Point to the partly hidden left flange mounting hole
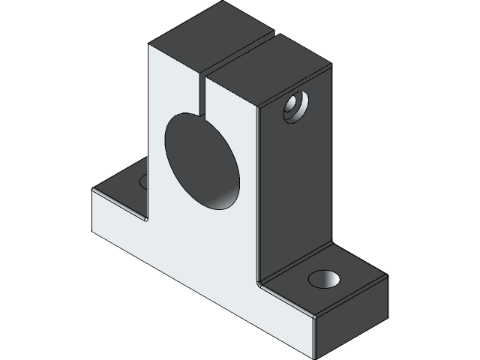click(x=143, y=181)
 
